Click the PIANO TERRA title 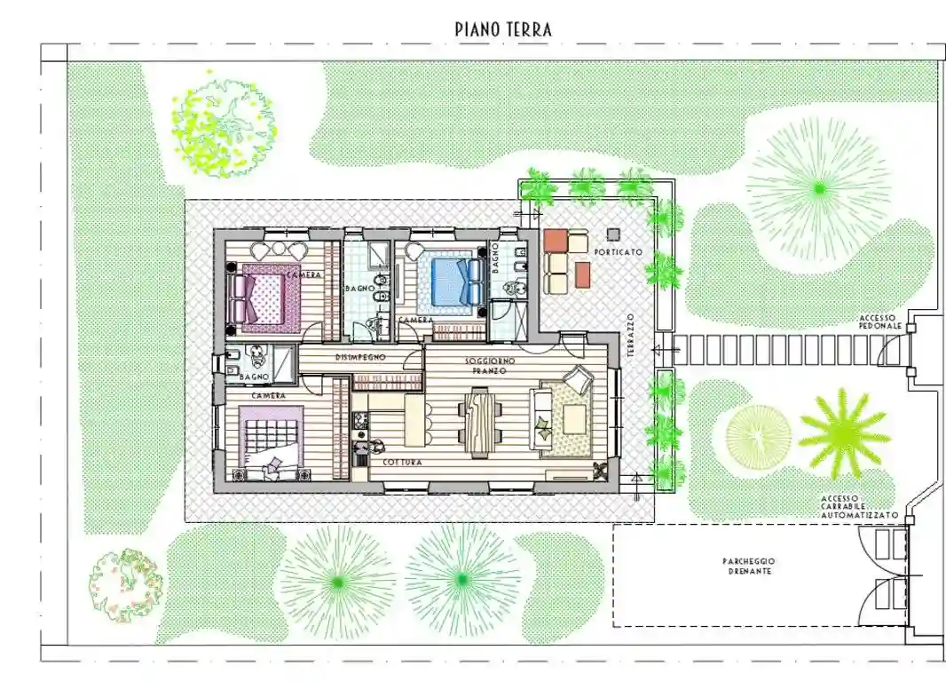point(503,29)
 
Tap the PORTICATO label point(619,251)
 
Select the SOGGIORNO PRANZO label point(490,365)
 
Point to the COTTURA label point(402,463)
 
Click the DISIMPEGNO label point(360,357)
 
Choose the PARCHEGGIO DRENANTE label point(749,567)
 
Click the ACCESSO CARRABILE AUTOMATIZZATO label point(859,507)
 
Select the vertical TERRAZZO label point(630,335)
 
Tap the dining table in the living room point(480,423)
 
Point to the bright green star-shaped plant point(844,433)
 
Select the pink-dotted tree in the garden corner point(125,585)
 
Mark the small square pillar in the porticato point(613,234)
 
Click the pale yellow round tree point(759,433)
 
